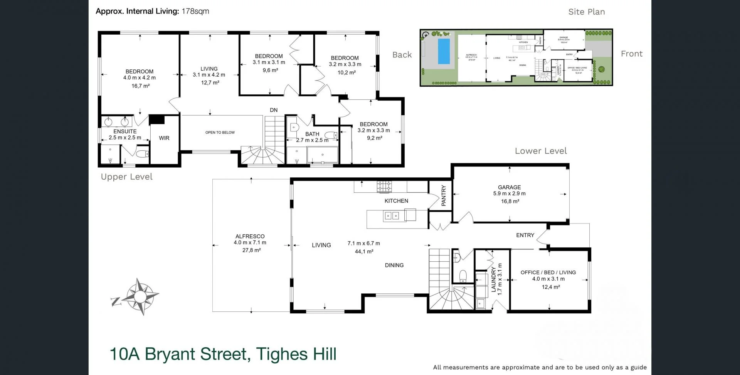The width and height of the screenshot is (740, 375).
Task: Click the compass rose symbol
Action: (x=141, y=296)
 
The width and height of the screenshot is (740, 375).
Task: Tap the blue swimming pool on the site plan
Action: (x=444, y=51)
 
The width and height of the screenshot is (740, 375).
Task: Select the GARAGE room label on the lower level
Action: (x=509, y=187)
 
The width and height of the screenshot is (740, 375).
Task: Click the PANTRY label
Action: (x=443, y=195)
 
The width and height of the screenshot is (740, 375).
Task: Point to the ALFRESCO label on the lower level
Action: (x=250, y=236)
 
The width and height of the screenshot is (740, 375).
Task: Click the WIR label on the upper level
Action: (x=164, y=138)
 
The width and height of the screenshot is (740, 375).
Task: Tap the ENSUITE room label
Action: (x=125, y=131)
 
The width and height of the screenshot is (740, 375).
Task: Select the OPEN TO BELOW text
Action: (x=220, y=133)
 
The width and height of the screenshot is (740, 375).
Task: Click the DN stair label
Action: (x=274, y=110)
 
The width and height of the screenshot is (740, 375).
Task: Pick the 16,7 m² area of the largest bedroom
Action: (x=140, y=86)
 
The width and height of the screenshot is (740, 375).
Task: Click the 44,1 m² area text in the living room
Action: (x=364, y=252)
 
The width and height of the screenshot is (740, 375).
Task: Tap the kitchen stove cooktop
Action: (x=384, y=187)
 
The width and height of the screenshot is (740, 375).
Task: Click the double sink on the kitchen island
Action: (x=391, y=216)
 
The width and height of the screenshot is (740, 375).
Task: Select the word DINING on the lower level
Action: (x=394, y=265)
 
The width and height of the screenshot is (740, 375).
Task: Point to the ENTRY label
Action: (x=525, y=235)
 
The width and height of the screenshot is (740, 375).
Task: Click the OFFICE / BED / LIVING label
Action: (x=548, y=272)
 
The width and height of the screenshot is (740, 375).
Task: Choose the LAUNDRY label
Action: (x=494, y=279)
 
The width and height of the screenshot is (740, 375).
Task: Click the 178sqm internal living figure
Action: (x=195, y=11)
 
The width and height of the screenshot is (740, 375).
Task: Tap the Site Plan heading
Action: (x=586, y=12)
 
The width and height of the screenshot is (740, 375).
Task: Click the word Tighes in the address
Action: (x=281, y=354)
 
